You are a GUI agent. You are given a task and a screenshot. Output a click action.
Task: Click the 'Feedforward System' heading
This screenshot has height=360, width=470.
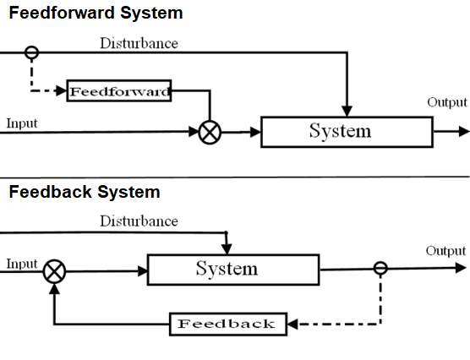pyautogui.click(x=96, y=14)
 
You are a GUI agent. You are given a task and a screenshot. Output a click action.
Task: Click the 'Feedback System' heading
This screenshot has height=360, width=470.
pyautogui.click(x=85, y=192)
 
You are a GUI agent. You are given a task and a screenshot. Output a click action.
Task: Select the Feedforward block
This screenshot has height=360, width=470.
pyautogui.click(x=119, y=91)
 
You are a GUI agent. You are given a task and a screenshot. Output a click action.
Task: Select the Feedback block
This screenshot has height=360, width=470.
pyautogui.click(x=227, y=324)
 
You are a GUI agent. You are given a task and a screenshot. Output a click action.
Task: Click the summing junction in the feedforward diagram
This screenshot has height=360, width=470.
pyautogui.click(x=209, y=132)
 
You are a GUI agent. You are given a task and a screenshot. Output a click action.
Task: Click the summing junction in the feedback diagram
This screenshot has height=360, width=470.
pyautogui.click(x=55, y=271)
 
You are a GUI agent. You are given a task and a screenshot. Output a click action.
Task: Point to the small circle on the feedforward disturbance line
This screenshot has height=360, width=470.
pyautogui.click(x=31, y=52)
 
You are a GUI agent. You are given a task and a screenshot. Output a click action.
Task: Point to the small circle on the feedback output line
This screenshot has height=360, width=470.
pyautogui.click(x=380, y=268)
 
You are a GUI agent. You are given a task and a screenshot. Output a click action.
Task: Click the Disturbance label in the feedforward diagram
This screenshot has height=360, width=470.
pyautogui.click(x=139, y=43)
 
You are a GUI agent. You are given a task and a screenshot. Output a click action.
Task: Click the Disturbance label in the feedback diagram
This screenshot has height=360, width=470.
pyautogui.click(x=139, y=221)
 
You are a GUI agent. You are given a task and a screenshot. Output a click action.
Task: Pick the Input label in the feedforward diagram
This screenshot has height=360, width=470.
pyautogui.click(x=22, y=123)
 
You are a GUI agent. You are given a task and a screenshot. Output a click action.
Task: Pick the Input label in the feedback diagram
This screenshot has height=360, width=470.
pyautogui.click(x=22, y=264)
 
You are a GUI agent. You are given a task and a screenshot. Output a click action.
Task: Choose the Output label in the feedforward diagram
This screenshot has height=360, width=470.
pyautogui.click(x=446, y=102)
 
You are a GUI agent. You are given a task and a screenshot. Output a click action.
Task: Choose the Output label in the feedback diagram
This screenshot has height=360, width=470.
pyautogui.click(x=445, y=251)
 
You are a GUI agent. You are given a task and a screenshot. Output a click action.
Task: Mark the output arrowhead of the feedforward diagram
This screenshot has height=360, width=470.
pyautogui.click(x=463, y=131)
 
